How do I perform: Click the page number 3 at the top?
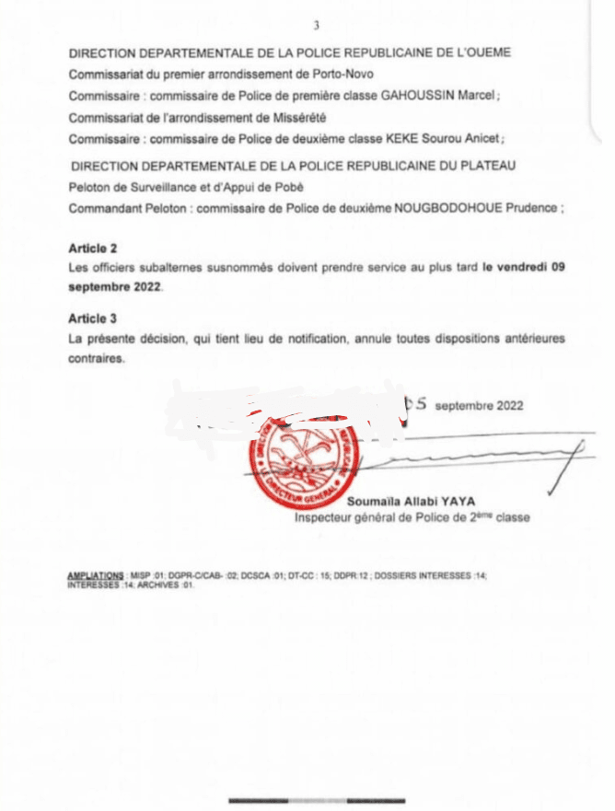pyautogui.click(x=316, y=26)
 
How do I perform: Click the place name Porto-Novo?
pyautogui.click(x=324, y=74)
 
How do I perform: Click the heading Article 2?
pyautogui.click(x=92, y=249)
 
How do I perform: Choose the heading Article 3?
pyautogui.click(x=92, y=318)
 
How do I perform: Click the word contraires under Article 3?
pyautogui.click(x=95, y=360)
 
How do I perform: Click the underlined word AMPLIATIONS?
pyautogui.click(x=96, y=575)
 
